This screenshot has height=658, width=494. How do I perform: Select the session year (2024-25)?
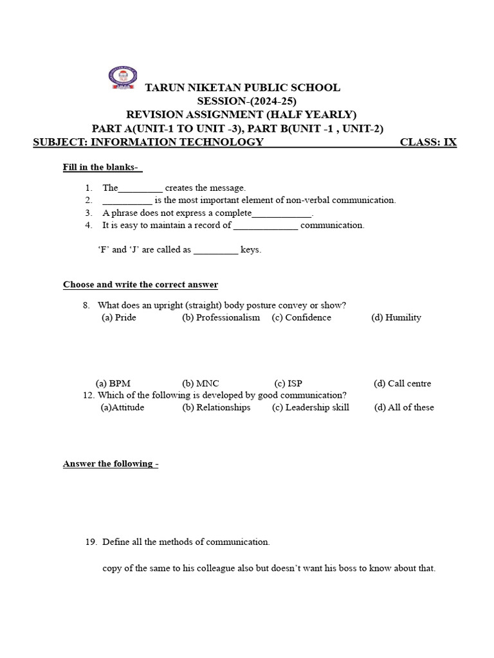[273, 101]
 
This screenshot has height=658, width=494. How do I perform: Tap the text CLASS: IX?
[428, 142]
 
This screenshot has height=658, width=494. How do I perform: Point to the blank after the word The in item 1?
[140, 188]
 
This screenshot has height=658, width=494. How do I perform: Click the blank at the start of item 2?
[127, 200]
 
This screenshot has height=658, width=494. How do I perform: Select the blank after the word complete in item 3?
[282, 213]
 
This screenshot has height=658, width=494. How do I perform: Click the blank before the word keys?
[215, 250]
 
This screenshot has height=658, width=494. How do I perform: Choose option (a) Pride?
[119, 317]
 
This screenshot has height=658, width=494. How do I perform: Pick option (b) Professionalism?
[221, 317]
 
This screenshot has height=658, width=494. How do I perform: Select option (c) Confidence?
[301, 317]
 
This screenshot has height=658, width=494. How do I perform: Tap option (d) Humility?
[396, 317]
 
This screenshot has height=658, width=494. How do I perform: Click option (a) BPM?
[113, 384]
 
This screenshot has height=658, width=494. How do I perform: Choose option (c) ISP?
[288, 384]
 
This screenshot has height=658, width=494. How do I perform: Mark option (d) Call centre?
[402, 384]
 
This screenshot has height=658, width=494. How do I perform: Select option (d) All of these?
[404, 407]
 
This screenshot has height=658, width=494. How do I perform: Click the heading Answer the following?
[110, 464]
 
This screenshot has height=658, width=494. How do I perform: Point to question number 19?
[91, 542]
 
